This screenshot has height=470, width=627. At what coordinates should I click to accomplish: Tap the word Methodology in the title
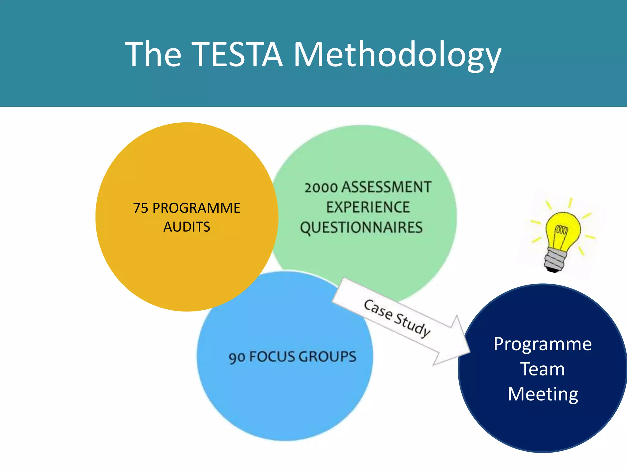[x=397, y=55]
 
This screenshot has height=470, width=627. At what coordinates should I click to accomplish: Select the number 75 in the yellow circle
[x=141, y=208]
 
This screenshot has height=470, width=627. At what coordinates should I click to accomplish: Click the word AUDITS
[x=187, y=227]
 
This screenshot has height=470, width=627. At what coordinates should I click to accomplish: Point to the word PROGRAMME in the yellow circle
[x=196, y=208]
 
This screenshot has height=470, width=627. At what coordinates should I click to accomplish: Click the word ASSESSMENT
[x=386, y=187]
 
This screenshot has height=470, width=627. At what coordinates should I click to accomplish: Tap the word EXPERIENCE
[x=367, y=207]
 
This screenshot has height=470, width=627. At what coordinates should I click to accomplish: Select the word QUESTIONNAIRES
[x=361, y=228]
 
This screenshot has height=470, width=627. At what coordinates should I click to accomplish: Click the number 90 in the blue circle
[x=236, y=357]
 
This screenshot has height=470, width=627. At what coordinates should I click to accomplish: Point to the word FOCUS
[x=272, y=357]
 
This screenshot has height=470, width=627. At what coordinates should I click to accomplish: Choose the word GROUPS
[x=327, y=356]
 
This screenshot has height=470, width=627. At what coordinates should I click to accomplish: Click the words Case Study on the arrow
[x=397, y=318]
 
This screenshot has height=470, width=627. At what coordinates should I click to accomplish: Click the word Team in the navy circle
[x=543, y=369]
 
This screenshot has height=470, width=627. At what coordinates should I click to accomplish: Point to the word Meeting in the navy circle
[x=543, y=394]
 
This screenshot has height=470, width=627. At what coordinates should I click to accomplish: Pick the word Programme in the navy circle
[x=543, y=344]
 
